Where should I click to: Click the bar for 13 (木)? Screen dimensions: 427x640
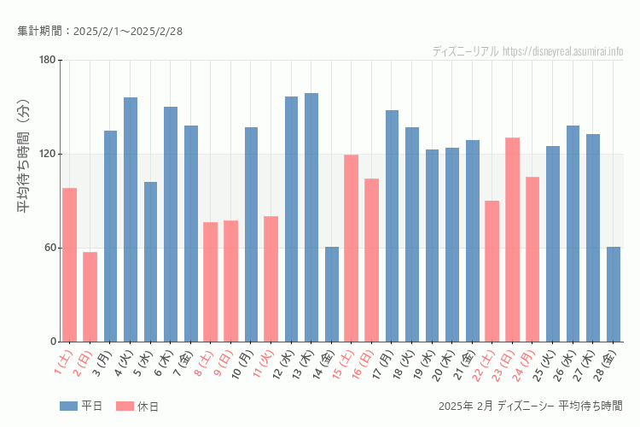coord(311,218)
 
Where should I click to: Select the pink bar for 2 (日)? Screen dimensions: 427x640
coord(90,297)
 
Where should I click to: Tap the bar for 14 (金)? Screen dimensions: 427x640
coord(332,295)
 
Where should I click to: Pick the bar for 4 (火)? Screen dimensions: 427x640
coord(131,219)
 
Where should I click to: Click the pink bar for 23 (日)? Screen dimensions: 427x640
coord(512,240)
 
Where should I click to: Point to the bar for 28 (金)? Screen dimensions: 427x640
coord(614,295)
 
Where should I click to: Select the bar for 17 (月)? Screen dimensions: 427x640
coord(392,226)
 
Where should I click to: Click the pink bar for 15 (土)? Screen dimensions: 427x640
coord(352,249)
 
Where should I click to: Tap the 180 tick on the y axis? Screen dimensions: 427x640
coord(47,60)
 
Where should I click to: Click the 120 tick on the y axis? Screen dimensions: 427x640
coord(47,154)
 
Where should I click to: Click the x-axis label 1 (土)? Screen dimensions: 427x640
coord(64,364)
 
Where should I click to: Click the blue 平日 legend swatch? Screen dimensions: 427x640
coord(69,406)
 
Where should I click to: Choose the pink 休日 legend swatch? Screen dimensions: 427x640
coord(125,406)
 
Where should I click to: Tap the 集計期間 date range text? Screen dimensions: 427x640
coord(100,32)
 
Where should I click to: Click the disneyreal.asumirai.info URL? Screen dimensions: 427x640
coord(562,51)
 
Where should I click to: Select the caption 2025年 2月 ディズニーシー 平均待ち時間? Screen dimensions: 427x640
coord(529,406)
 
